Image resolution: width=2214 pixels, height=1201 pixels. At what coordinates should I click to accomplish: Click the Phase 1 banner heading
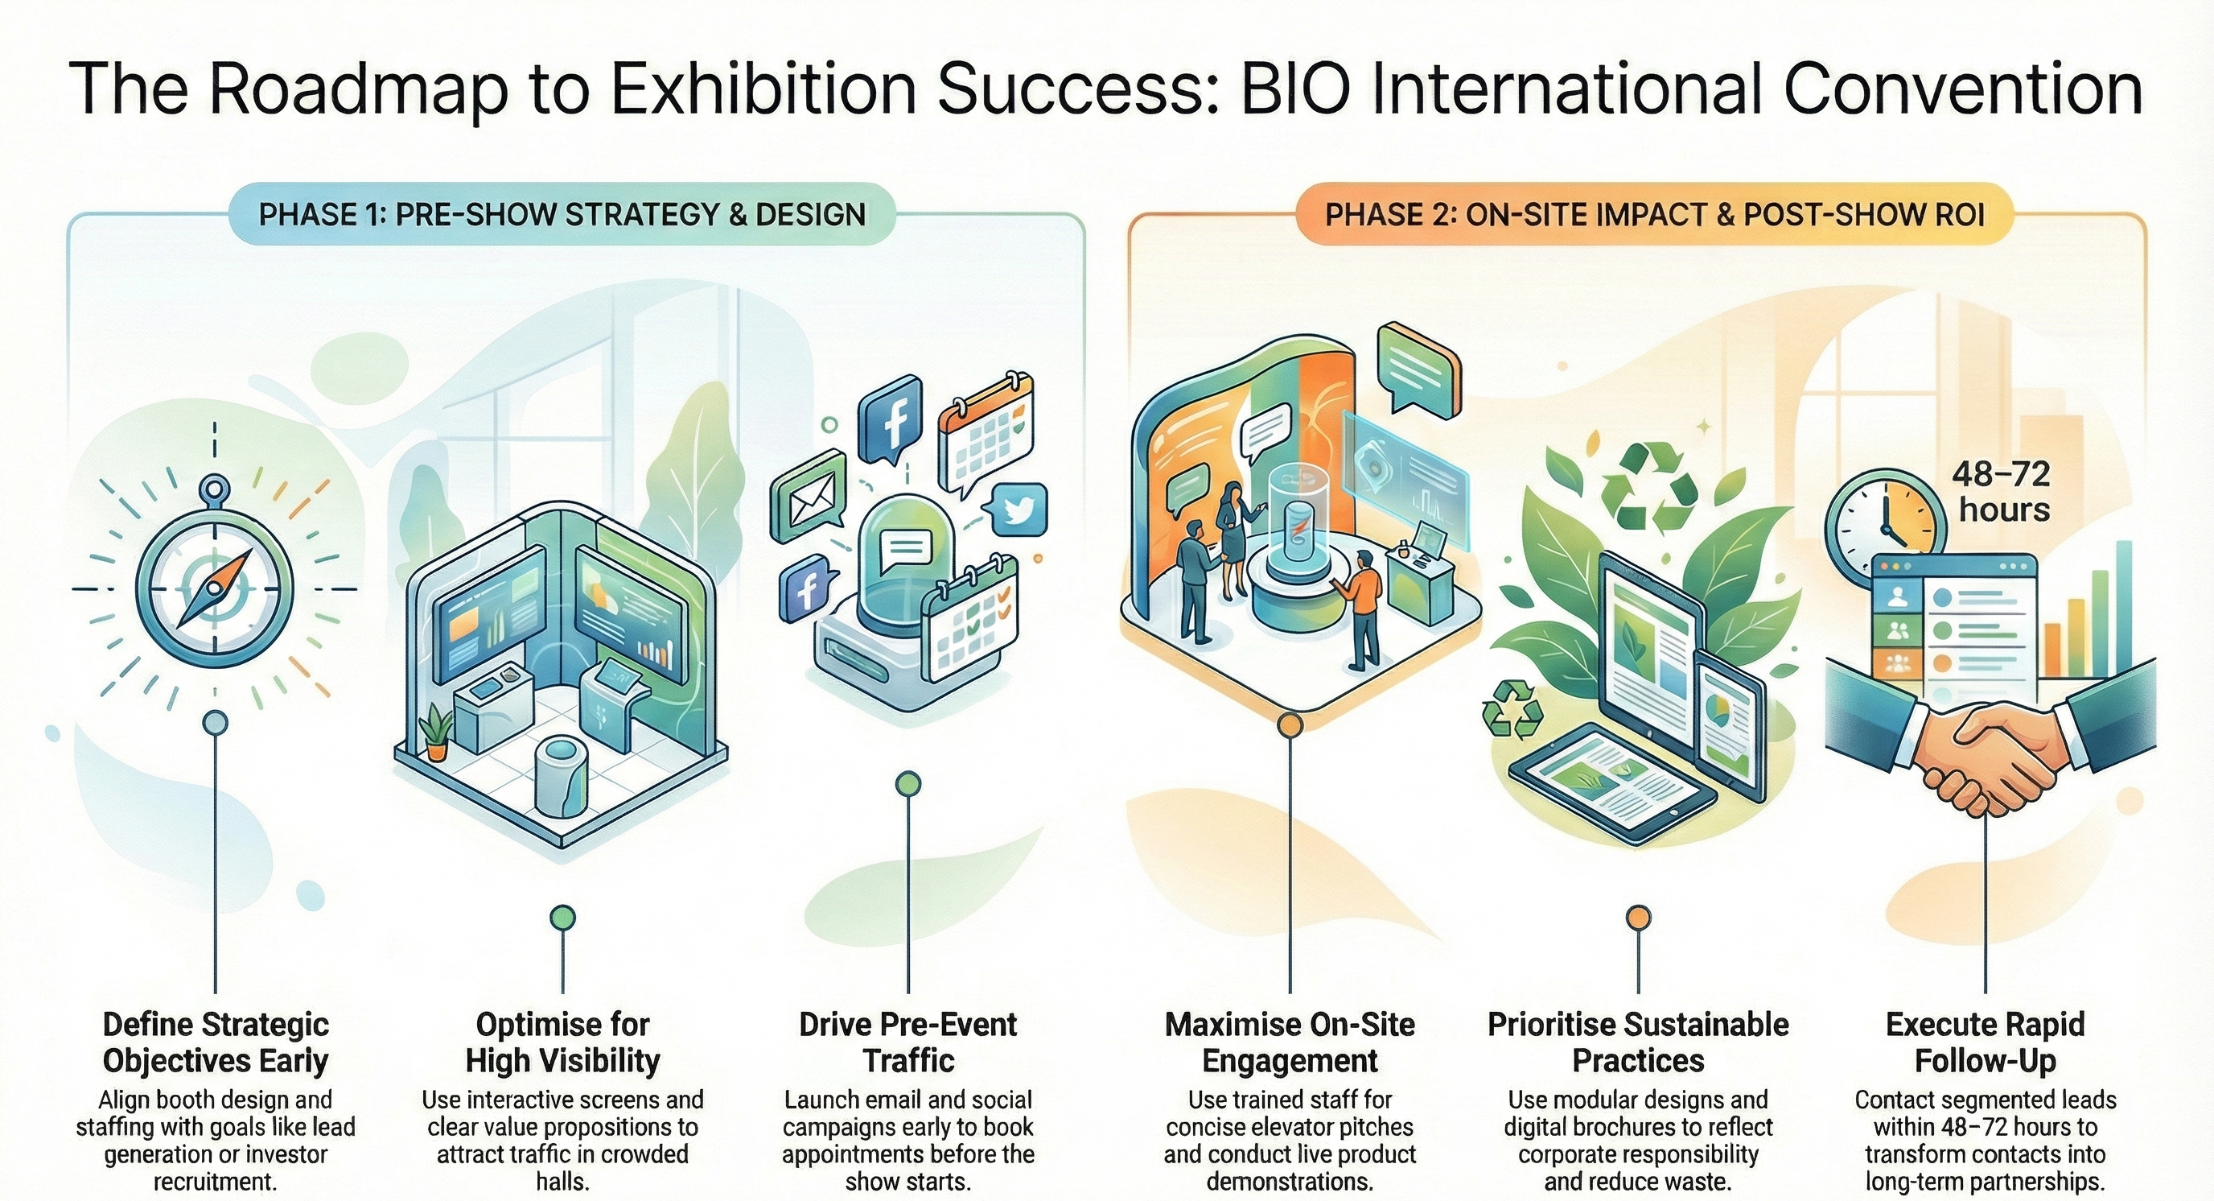point(562,214)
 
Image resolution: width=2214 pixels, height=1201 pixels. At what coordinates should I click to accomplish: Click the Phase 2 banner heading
point(1655,214)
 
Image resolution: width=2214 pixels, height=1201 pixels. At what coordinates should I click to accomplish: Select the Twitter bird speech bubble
point(1019,510)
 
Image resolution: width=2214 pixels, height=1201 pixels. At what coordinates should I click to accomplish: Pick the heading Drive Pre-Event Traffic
point(907,1042)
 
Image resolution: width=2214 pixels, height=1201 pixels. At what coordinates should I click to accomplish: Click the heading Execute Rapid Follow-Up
point(1986,1042)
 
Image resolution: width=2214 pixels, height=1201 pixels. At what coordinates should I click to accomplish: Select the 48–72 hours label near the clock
point(2003,492)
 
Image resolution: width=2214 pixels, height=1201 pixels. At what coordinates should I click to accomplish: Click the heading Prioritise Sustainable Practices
point(1638,1042)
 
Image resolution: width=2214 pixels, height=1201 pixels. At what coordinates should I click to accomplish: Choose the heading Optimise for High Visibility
point(563,1042)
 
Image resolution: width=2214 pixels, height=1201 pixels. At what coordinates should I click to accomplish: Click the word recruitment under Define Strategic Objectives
point(215,1181)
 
